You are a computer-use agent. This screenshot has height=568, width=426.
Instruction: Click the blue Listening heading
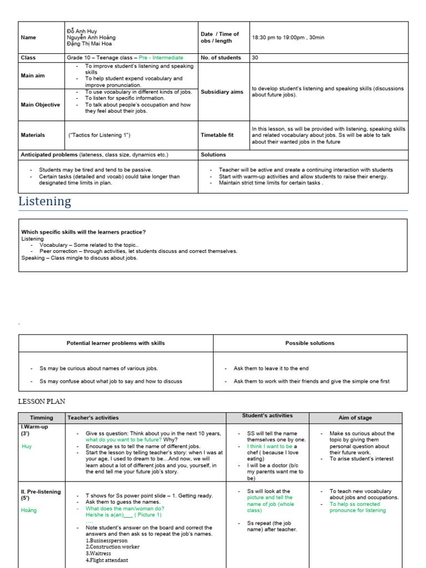click(x=45, y=201)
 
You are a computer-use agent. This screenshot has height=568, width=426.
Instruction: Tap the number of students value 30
click(x=255, y=58)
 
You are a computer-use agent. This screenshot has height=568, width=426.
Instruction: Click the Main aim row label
click(x=33, y=76)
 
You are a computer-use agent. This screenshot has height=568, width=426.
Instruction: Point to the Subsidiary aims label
click(x=222, y=92)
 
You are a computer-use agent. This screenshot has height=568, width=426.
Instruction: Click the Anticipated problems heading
click(x=49, y=155)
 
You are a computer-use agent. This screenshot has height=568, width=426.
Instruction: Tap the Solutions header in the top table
click(x=213, y=155)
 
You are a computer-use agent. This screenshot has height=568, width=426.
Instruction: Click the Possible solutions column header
click(x=310, y=343)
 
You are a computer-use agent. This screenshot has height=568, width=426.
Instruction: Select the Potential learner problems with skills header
click(x=115, y=343)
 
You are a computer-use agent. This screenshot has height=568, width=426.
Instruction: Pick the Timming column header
click(x=42, y=418)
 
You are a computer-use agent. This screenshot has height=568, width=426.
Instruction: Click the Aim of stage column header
click(x=355, y=418)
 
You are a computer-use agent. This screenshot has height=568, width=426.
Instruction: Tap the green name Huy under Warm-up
click(x=27, y=447)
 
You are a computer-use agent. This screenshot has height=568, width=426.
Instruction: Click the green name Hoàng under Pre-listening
click(x=29, y=510)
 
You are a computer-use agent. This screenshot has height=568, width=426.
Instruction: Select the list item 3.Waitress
click(x=98, y=554)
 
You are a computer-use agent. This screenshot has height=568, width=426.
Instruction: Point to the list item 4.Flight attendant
click(x=107, y=560)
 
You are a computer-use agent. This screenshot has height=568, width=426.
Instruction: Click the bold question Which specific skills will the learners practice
click(x=83, y=232)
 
